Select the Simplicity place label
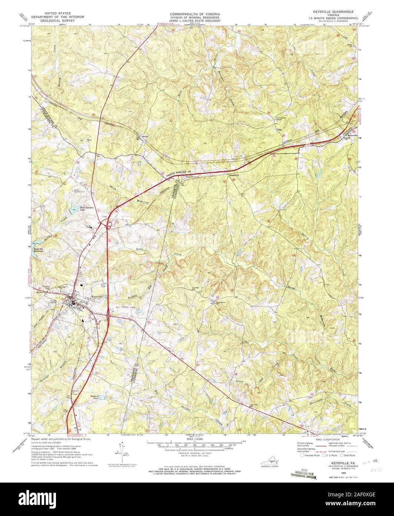pos(235,175)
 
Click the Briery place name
pos(145,136)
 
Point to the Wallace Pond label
pos(96,398)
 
